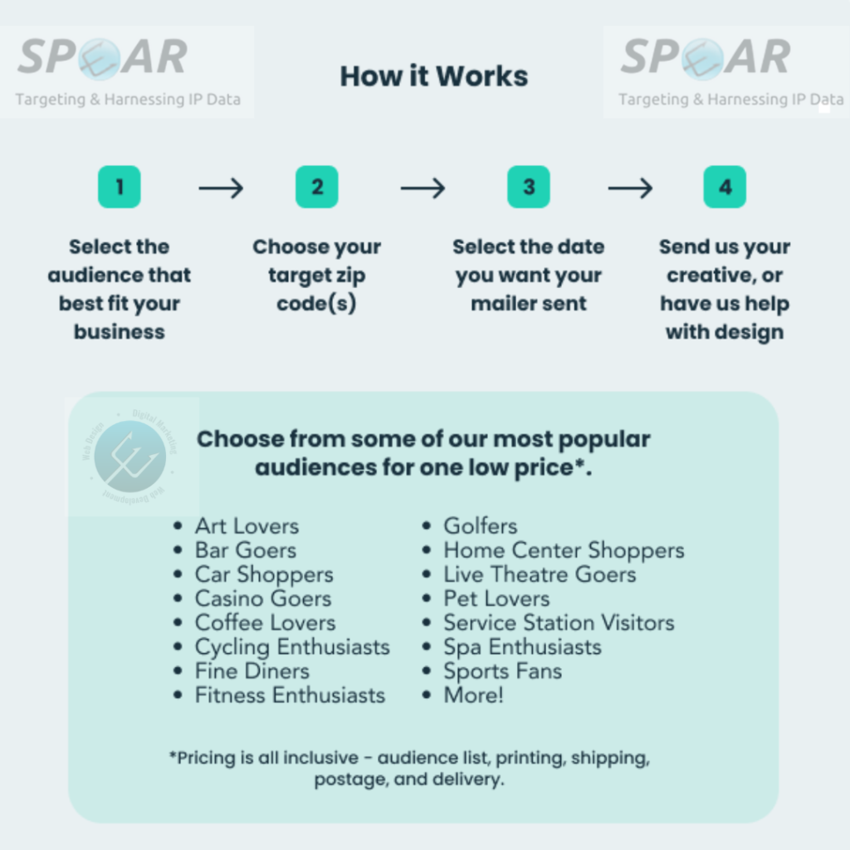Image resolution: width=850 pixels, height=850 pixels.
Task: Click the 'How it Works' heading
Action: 433,76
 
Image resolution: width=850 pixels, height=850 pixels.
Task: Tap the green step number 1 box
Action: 120,187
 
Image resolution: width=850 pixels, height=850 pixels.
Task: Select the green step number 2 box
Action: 317,187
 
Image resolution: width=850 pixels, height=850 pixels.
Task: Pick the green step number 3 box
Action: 529,187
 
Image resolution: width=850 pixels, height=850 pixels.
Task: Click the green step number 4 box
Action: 725,187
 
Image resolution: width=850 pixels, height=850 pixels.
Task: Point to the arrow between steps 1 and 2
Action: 221,188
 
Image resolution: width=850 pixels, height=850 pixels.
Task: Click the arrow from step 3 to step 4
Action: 630,188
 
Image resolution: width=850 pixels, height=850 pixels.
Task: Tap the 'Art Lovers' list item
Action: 247,526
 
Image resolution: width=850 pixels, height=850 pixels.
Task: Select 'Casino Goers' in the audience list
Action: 262,598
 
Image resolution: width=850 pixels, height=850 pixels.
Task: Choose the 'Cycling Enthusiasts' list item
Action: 292,647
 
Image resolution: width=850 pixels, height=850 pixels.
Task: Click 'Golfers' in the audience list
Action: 480,526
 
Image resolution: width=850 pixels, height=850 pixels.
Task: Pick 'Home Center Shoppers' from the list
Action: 564,550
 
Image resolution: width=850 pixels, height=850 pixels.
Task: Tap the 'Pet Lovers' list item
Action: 496,598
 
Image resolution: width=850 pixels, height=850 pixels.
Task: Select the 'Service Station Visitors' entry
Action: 559,623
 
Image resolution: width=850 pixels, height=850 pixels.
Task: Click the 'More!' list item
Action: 473,695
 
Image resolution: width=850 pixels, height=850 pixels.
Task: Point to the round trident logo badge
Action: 130,457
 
